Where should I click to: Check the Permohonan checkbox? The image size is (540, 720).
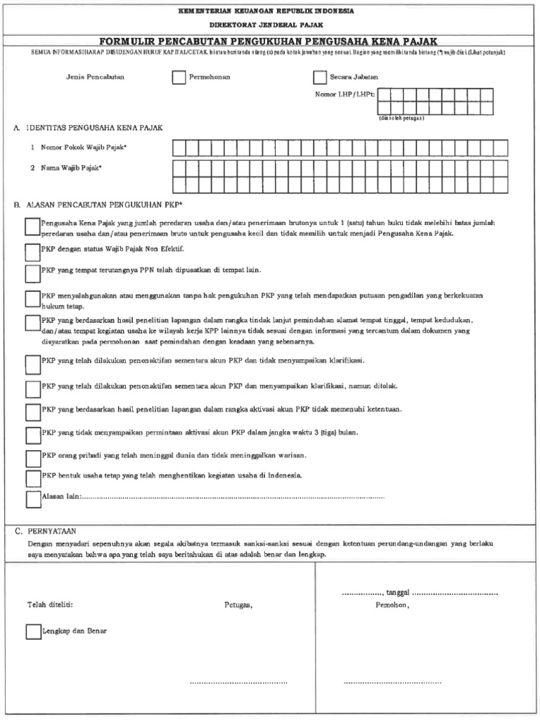[179, 77]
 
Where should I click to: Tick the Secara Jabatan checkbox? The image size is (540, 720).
[320, 77]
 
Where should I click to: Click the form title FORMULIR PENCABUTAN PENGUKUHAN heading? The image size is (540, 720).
[269, 42]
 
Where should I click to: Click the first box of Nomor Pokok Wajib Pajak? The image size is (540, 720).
[179, 148]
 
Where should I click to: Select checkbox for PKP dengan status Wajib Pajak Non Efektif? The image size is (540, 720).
[32, 250]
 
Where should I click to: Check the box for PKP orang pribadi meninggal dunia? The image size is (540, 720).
[32, 458]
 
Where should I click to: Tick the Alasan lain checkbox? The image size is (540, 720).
[32, 499]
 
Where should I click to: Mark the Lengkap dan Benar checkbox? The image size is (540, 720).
[33, 631]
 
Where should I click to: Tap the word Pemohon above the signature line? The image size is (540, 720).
[392, 605]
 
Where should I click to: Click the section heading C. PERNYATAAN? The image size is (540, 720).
[46, 532]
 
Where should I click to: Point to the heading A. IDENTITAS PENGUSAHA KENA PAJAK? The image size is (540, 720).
[89, 128]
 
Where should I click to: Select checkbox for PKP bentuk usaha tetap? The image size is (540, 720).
[32, 478]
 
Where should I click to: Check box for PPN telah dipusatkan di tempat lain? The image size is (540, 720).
[32, 272]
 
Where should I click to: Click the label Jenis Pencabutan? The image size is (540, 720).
[95, 77]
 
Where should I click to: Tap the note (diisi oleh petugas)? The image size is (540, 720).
[401, 118]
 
